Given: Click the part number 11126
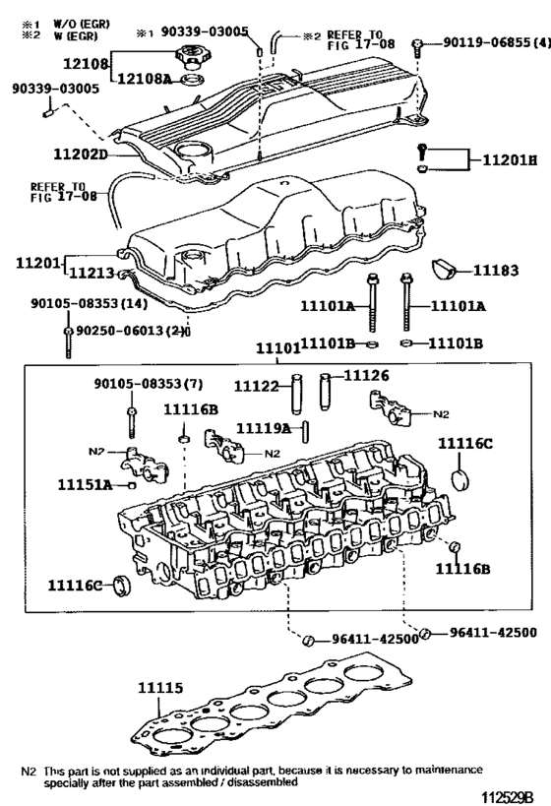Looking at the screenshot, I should pyautogui.click(x=365, y=375).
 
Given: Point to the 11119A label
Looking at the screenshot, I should pyautogui.click(x=262, y=428).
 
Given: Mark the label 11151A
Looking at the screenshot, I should pyautogui.click(x=84, y=484).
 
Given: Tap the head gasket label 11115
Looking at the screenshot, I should pyautogui.click(x=159, y=689).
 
